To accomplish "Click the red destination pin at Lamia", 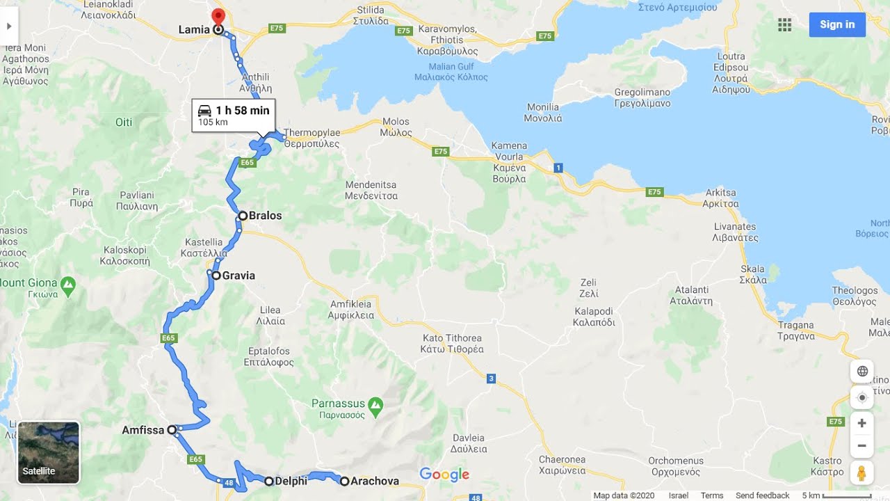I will [218, 17].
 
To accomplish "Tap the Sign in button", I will [837, 24].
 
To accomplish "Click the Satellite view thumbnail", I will [49, 452].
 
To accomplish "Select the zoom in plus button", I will [861, 423].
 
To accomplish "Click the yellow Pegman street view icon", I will [861, 473].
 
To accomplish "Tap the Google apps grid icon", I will [784, 25].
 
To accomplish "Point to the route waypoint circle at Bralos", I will [243, 216].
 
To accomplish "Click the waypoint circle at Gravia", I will [216, 276].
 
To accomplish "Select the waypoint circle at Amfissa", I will [172, 430].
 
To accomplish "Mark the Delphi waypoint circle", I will [269, 481].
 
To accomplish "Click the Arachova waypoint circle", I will [344, 481].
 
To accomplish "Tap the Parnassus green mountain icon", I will [375, 404].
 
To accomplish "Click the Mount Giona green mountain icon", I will [67, 283].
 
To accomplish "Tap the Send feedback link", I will [762, 495].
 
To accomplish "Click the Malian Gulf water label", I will [451, 72].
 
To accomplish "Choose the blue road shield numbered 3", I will [491, 379].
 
